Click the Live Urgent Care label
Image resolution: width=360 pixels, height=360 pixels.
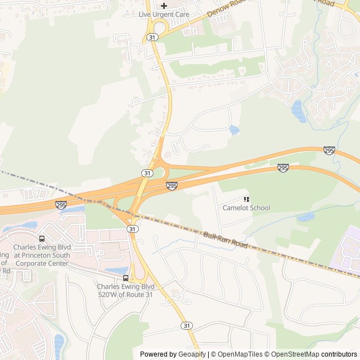pyautogui.click(x=164, y=14)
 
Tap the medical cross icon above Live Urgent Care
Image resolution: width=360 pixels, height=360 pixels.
pyautogui.click(x=164, y=5)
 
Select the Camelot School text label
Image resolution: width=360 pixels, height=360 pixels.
pyautogui.click(x=246, y=208)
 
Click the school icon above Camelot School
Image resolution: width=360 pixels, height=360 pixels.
pyautogui.click(x=246, y=199)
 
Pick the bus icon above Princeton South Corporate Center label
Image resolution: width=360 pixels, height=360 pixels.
pyautogui.click(x=42, y=238)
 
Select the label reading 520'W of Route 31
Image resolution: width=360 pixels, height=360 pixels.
pyautogui.click(x=125, y=294)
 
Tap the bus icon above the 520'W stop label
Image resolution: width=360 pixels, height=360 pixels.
pyautogui.click(x=125, y=278)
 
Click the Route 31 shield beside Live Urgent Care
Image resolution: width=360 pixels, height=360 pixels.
pyautogui.click(x=151, y=37)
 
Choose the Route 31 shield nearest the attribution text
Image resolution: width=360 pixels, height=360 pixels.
pyautogui.click(x=186, y=326)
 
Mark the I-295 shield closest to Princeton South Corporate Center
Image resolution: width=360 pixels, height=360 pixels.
pyautogui.click(x=60, y=205)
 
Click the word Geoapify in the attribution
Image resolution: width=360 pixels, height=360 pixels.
pyautogui.click(x=192, y=354)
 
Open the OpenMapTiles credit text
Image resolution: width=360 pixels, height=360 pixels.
pyautogui.click(x=240, y=354)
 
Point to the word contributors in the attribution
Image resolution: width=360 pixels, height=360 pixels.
pyautogui.click(x=339, y=354)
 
